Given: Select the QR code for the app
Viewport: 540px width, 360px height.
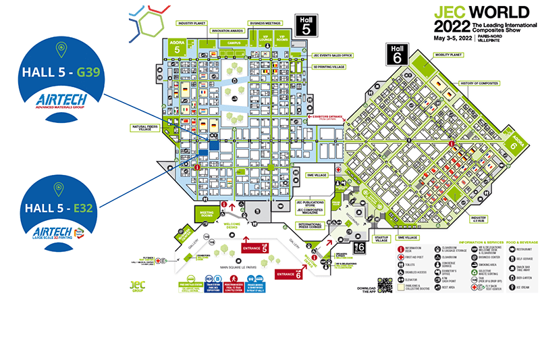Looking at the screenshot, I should pos(385,285).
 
